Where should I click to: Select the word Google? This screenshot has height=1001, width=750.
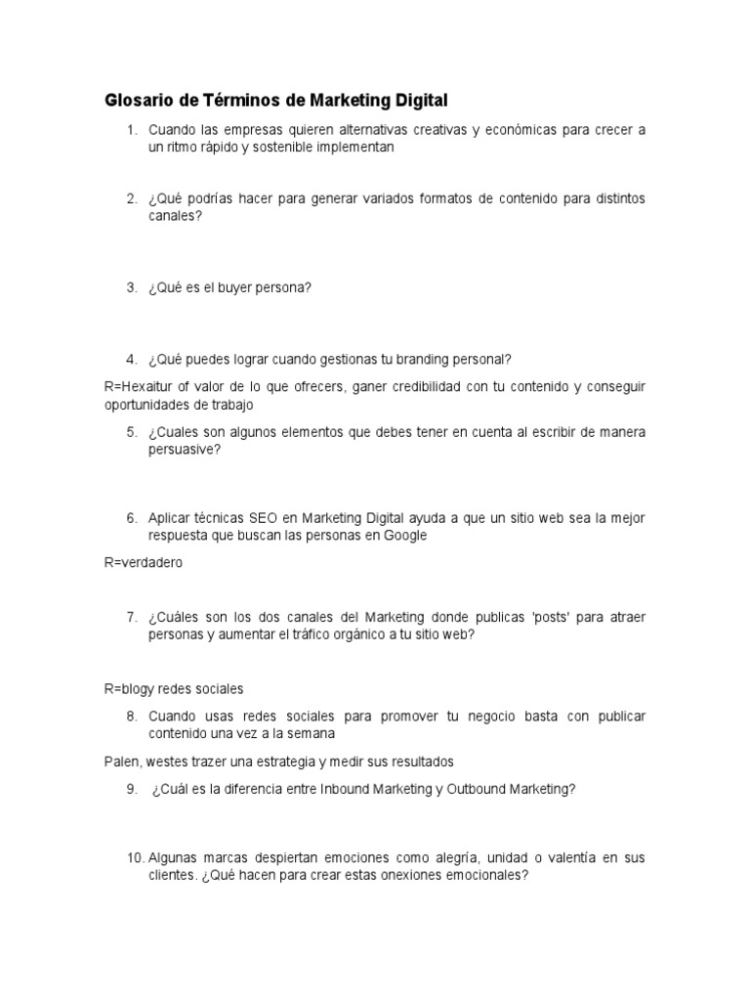point(407,535)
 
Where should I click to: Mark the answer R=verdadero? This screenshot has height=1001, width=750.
point(144,563)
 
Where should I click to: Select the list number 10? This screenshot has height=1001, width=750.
point(136,858)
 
